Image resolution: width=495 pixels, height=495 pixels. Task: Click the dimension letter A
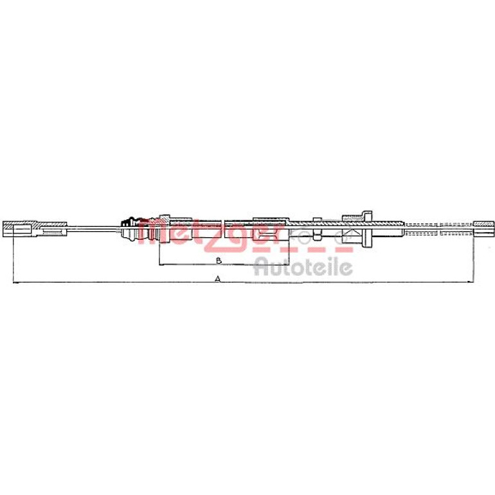point(217,279)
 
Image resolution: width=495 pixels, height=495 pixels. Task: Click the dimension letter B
point(219,261)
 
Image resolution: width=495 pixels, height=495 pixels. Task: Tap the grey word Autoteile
point(303,267)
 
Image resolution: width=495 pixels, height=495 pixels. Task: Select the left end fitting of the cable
point(35,229)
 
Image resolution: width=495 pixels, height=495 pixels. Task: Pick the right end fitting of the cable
point(484,229)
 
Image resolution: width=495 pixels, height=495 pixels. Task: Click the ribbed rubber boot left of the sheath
point(129,228)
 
